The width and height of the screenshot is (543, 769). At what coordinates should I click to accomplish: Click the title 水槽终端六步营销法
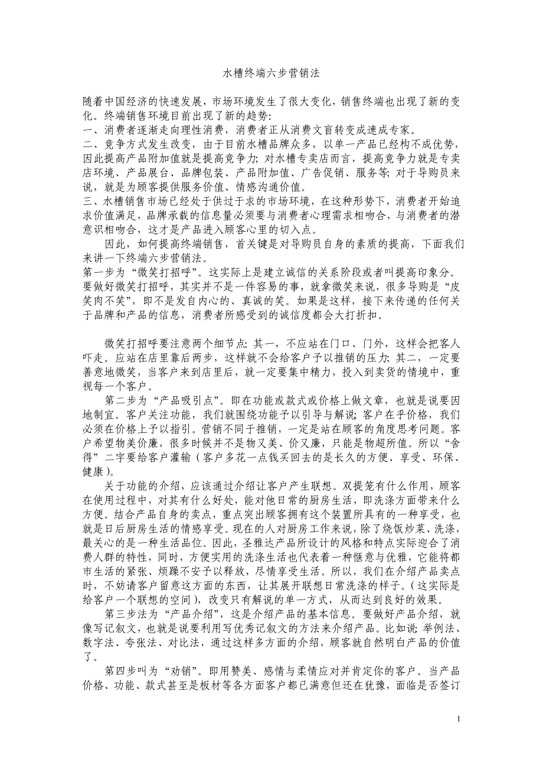click(271, 73)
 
